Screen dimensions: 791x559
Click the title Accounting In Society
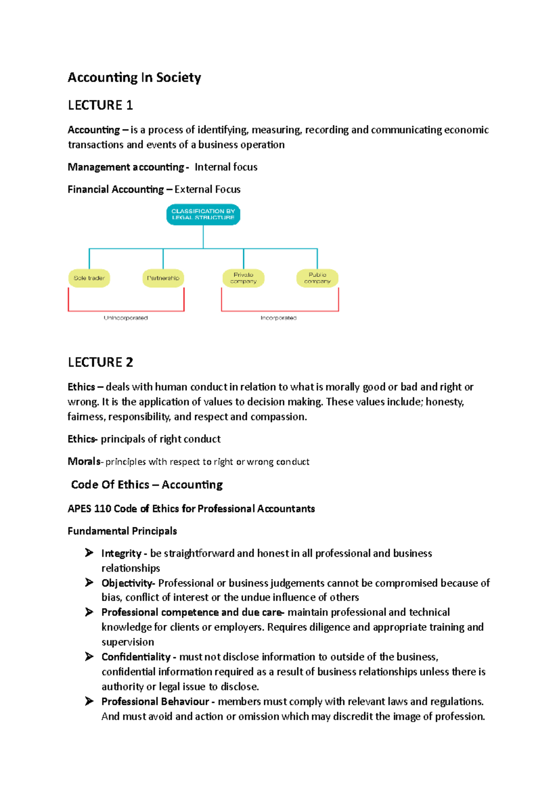134,77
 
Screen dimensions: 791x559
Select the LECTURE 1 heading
100,105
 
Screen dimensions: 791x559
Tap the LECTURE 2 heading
100,362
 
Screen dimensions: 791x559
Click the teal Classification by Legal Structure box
203,214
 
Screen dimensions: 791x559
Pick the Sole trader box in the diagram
89,278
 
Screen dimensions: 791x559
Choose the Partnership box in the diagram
163,278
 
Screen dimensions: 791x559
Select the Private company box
243,278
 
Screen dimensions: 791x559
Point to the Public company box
317,278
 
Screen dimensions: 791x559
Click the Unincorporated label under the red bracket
126,318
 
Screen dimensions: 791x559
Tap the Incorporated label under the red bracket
279,318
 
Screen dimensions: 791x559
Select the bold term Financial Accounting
116,190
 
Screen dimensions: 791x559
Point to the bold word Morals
84,462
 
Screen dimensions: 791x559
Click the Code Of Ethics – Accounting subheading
147,485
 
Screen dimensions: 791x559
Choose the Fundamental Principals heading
122,531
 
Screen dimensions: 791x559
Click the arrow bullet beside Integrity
89,553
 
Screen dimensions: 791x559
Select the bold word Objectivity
127,583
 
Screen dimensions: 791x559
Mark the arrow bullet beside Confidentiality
89,657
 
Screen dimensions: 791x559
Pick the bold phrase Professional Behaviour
155,702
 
